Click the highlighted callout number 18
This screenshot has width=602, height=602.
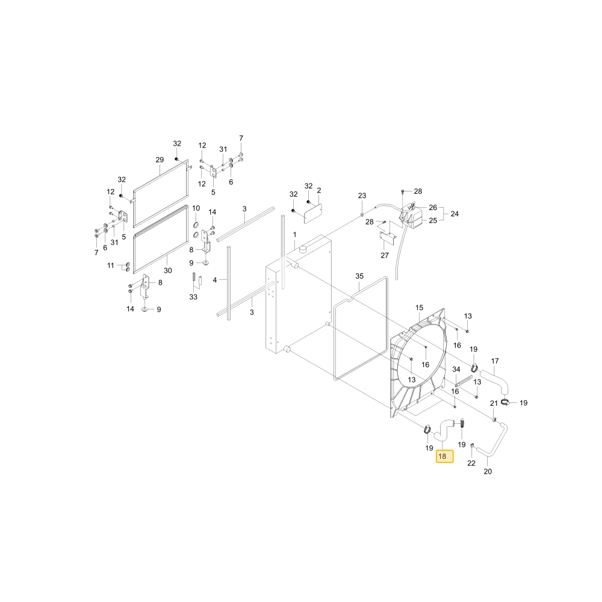[x=444, y=456]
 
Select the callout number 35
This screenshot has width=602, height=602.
[x=359, y=276]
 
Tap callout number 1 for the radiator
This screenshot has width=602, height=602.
[x=294, y=235]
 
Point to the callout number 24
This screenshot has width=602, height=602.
[x=455, y=214]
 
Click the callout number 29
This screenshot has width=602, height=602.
[x=160, y=160]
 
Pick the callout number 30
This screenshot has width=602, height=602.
[x=168, y=271]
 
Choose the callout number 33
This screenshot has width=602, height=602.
[x=193, y=297]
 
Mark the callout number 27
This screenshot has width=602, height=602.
[x=385, y=255]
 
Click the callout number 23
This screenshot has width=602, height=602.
[x=362, y=196]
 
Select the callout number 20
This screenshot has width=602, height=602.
[x=488, y=471]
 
